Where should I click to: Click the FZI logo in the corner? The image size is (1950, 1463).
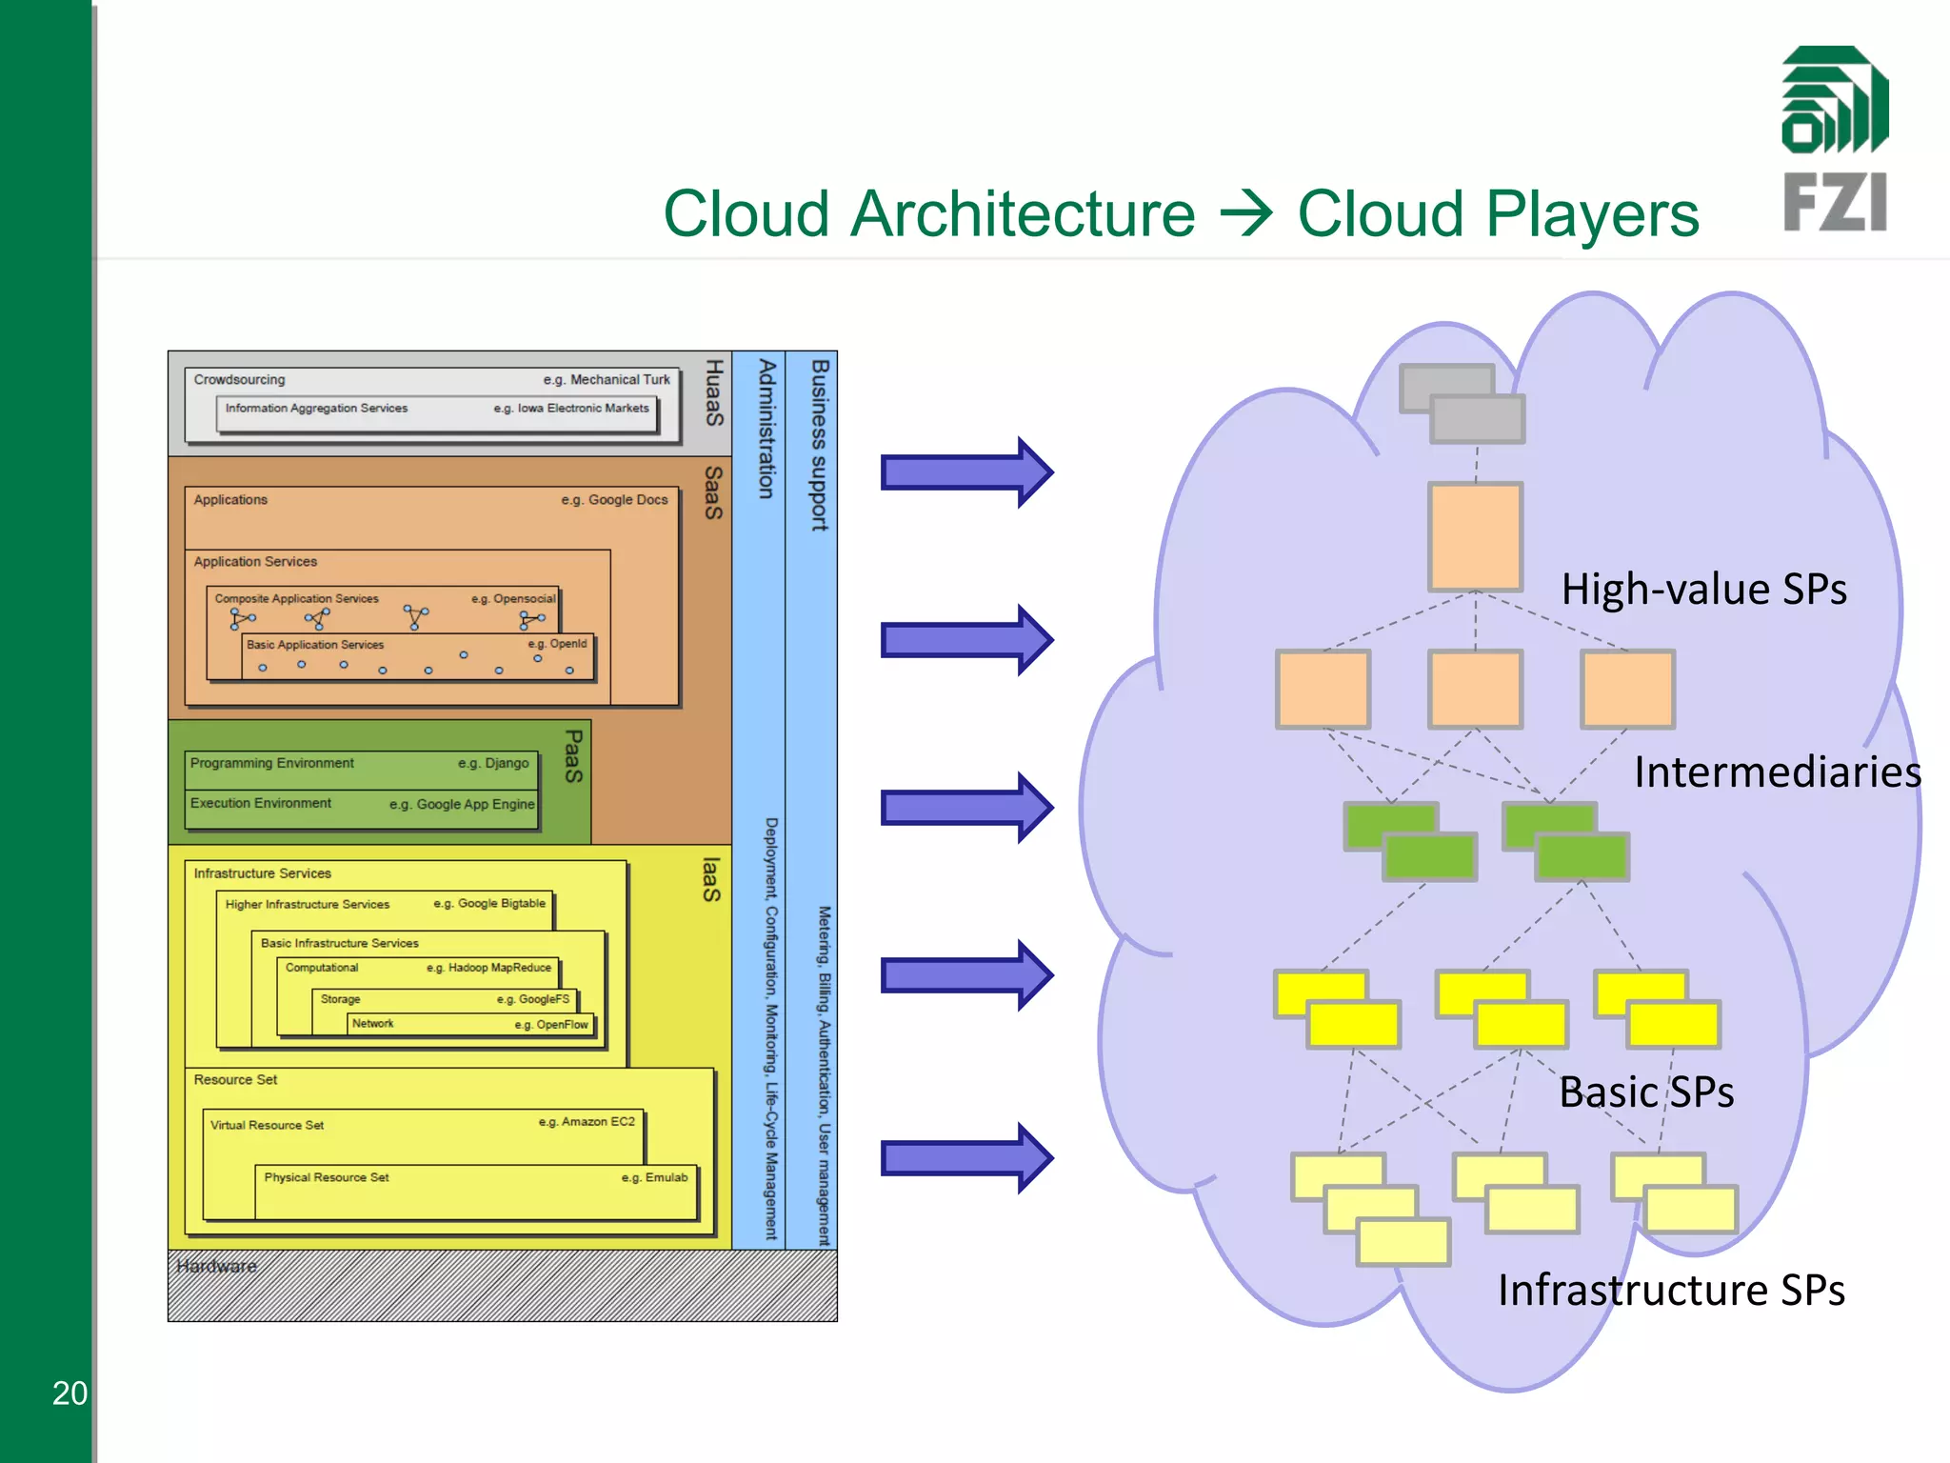[x=1835, y=139]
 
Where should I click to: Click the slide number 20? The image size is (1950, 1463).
[x=70, y=1393]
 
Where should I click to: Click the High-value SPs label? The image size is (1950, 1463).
[x=1703, y=590]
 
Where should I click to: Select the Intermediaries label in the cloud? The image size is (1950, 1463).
[x=1777, y=772]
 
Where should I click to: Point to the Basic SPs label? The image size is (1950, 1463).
[x=1645, y=1092]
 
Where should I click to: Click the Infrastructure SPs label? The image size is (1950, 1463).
[x=1671, y=1291]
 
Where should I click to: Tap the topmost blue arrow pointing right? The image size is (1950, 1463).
[x=965, y=472]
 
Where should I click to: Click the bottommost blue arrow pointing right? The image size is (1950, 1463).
[x=965, y=1158]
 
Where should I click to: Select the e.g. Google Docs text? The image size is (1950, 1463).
[x=614, y=500]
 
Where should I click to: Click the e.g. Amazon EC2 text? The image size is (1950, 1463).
[x=587, y=1122]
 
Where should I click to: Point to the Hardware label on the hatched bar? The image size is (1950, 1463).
[x=217, y=1266]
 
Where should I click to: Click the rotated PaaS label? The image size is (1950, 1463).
[x=573, y=756]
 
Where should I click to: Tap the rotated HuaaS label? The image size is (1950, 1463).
[x=714, y=392]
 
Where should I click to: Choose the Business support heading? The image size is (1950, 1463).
[x=820, y=445]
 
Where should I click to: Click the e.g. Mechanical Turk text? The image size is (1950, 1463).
[x=607, y=380]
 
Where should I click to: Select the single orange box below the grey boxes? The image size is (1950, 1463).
[x=1475, y=536]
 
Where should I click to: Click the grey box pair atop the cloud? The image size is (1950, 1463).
[x=1462, y=404]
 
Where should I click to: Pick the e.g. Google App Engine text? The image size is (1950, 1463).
[x=462, y=805]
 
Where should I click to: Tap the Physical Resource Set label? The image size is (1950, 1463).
[x=327, y=1178]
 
